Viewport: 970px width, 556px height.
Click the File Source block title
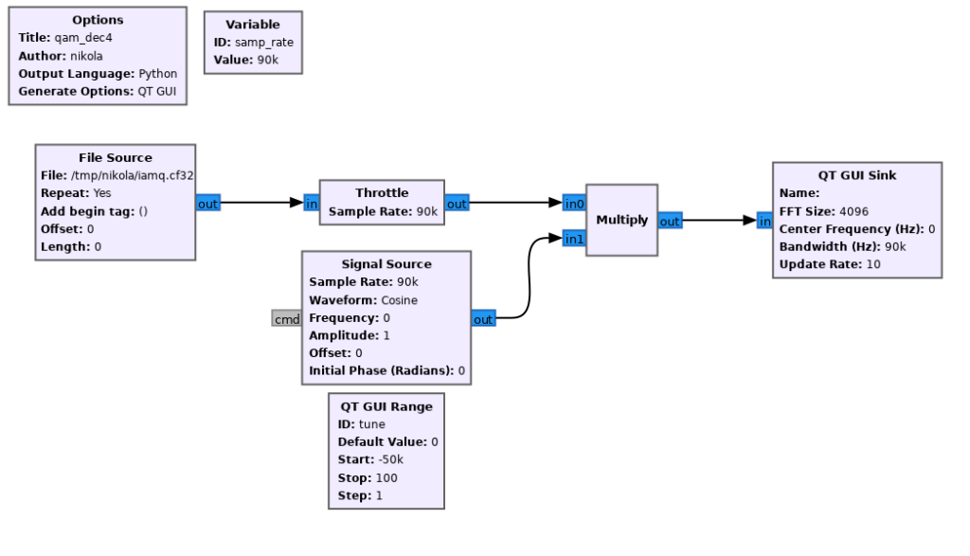click(115, 157)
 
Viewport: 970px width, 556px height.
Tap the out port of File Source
click(208, 203)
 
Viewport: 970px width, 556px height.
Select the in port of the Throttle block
click(312, 203)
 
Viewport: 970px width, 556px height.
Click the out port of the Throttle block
click(457, 203)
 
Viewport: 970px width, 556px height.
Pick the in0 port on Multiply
click(574, 203)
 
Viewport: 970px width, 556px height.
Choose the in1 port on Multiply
click(574, 239)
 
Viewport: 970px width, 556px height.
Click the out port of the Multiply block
click(670, 221)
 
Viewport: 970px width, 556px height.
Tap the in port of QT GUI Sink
click(764, 221)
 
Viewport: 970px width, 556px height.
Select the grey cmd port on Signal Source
click(286, 319)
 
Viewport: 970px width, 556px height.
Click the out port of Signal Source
click(483, 319)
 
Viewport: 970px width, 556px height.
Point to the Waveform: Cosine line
click(363, 300)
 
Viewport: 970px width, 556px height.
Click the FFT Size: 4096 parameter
click(824, 211)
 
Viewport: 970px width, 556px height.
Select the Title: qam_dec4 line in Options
click(63, 38)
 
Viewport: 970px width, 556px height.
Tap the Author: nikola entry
click(61, 56)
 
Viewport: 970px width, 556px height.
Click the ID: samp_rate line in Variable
click(252, 43)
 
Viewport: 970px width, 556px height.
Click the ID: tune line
click(361, 424)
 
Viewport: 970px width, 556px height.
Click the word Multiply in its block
click(621, 220)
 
